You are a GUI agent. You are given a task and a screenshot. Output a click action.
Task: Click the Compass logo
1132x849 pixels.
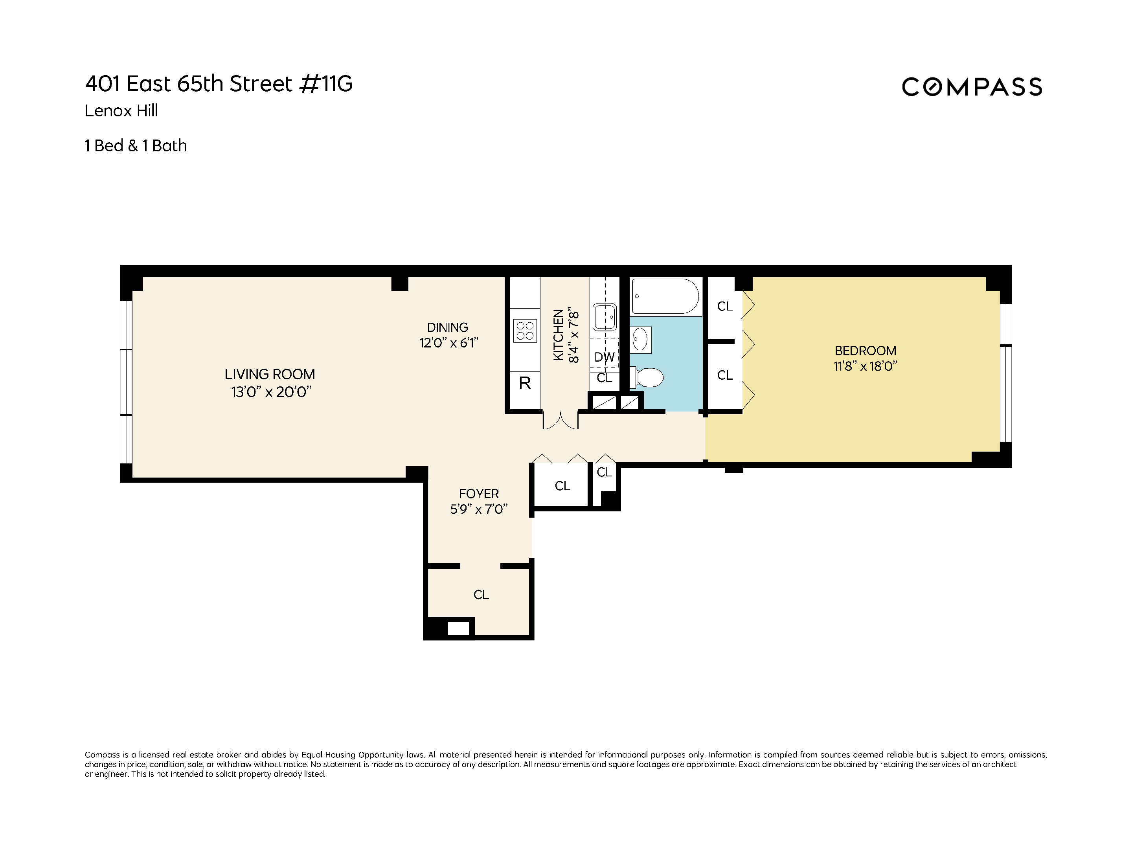(x=971, y=87)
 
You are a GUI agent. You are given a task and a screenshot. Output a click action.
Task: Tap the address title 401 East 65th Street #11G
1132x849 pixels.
(x=219, y=84)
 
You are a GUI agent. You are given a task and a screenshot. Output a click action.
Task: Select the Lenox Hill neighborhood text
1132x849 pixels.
(x=121, y=110)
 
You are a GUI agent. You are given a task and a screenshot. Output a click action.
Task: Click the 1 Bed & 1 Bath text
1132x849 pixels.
(x=136, y=146)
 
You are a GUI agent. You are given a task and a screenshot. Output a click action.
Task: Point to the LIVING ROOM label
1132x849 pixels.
(x=270, y=374)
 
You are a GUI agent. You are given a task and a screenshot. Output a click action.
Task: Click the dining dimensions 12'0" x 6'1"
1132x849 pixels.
(x=449, y=343)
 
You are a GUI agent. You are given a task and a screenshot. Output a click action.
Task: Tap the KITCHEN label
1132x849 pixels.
(x=558, y=335)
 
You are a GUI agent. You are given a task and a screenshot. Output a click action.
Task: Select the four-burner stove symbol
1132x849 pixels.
(x=525, y=331)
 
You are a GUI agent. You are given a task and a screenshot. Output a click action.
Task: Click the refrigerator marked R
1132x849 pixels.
(x=525, y=383)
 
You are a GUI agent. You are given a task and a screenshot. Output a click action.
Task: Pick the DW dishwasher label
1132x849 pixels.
(x=605, y=357)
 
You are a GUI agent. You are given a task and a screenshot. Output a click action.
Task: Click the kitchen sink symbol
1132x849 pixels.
(x=605, y=317)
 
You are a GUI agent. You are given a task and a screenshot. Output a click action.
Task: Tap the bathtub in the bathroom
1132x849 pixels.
(x=665, y=296)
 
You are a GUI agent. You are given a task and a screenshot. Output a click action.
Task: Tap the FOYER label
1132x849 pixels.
(x=478, y=494)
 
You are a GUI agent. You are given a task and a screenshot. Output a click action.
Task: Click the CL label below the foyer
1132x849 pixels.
(x=481, y=595)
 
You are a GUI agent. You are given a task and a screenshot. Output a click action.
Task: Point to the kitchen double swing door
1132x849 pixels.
(x=560, y=420)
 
